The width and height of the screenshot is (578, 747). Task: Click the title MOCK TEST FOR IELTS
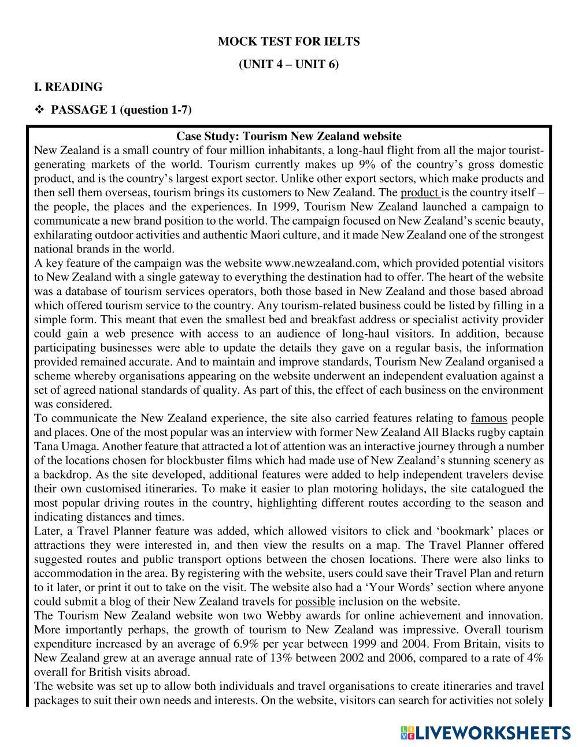(288, 42)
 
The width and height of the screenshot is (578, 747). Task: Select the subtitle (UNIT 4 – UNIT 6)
(288, 64)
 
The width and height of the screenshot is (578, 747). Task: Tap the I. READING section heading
(68, 87)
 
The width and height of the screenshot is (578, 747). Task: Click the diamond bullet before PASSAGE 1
(40, 110)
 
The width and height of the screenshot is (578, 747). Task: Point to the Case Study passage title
(288, 137)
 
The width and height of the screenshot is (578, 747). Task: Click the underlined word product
(420, 193)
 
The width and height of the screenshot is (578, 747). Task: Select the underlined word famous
(489, 418)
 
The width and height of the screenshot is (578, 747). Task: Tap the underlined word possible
(315, 602)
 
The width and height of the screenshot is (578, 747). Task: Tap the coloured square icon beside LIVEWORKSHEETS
(407, 733)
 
